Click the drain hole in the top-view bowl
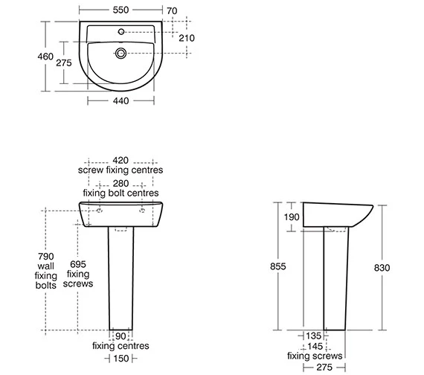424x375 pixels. (122, 53)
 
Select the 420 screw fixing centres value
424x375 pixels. (121, 159)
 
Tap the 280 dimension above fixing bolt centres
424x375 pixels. (121, 182)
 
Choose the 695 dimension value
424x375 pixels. (78, 264)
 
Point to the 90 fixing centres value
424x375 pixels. (121, 336)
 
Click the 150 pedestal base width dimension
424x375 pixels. (121, 359)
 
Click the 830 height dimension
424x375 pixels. (384, 266)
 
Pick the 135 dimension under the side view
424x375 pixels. (315, 336)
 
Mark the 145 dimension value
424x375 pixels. (315, 346)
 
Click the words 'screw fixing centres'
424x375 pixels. (121, 170)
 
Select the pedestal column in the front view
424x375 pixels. (121, 275)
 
